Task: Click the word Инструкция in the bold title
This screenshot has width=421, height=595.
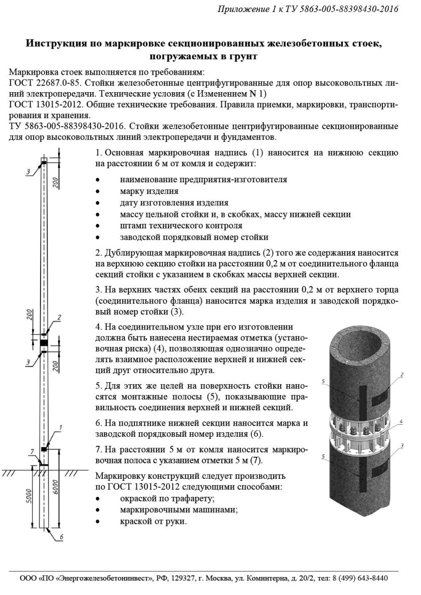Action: click(x=56, y=44)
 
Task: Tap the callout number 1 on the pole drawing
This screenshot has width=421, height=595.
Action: click(x=60, y=427)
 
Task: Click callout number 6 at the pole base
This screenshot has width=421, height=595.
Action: click(x=61, y=537)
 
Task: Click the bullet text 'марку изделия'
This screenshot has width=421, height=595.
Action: click(x=149, y=191)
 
